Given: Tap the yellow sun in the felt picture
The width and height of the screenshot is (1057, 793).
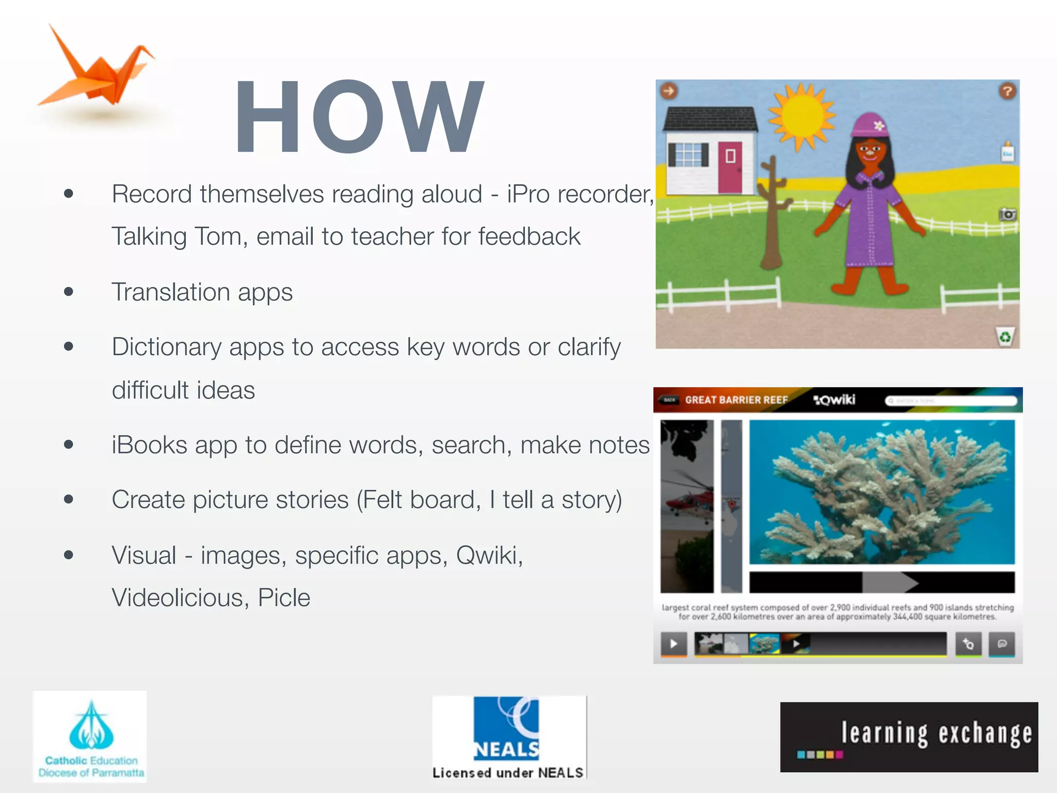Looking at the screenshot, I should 801,117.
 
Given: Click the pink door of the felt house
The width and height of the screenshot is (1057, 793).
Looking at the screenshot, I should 730,166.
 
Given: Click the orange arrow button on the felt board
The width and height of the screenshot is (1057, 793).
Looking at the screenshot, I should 669,91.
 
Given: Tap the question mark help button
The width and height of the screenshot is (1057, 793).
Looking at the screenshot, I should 1007,91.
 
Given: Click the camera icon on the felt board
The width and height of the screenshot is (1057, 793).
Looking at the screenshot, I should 1007,214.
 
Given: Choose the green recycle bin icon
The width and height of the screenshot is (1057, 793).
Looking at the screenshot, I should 1005,337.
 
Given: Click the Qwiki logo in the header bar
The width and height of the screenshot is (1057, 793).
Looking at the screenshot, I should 834,400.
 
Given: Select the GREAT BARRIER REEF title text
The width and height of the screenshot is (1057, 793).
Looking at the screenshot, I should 736,400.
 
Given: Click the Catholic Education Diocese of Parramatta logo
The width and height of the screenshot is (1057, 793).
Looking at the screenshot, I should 90,737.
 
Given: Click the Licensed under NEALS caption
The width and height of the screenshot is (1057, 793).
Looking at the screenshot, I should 508,773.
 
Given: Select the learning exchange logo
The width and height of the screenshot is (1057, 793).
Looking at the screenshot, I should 909,737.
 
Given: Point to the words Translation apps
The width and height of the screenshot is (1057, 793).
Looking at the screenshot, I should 202,292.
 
